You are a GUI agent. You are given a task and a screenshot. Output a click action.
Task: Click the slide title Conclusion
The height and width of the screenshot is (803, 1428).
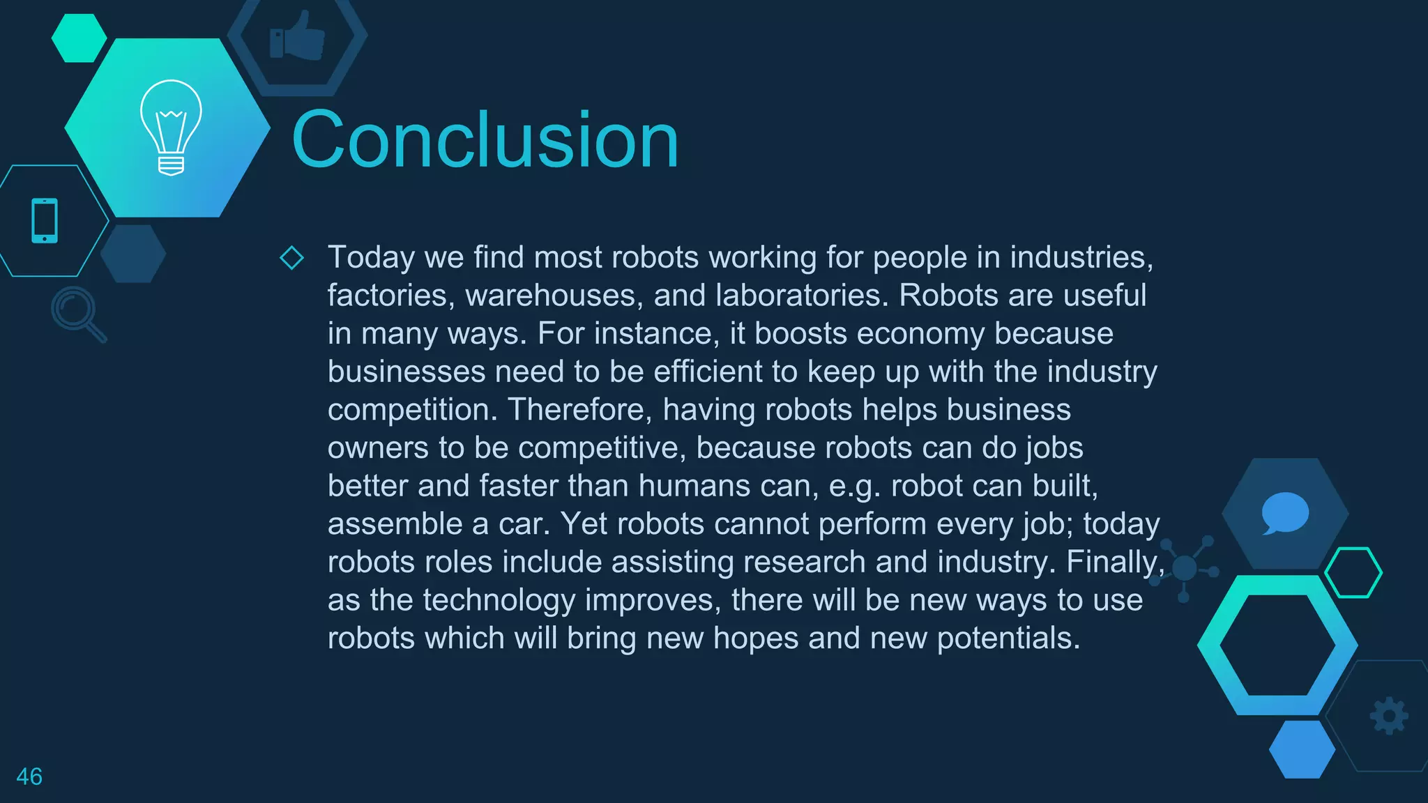[485, 140]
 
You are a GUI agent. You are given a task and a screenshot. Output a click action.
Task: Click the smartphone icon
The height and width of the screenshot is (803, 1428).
[45, 221]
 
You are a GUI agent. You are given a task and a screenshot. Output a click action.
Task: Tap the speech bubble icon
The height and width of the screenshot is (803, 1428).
[1284, 513]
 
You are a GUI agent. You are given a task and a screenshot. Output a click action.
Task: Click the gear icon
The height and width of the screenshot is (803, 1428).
[1389, 716]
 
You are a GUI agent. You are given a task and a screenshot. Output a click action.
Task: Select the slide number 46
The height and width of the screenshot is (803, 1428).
[29, 777]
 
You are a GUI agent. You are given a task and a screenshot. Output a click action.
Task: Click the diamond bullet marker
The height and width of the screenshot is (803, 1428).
[291, 257]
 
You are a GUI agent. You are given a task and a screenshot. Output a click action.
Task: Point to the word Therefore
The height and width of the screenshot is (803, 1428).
[580, 410]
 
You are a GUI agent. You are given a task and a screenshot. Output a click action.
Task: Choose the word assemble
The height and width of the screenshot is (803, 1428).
[395, 524]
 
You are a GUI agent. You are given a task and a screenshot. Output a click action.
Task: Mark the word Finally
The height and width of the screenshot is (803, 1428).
[1114, 562]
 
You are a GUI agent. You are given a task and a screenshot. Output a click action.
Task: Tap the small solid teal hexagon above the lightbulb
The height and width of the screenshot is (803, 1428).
[79, 38]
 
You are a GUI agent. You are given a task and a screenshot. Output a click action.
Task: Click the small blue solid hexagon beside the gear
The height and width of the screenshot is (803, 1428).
[1302, 749]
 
